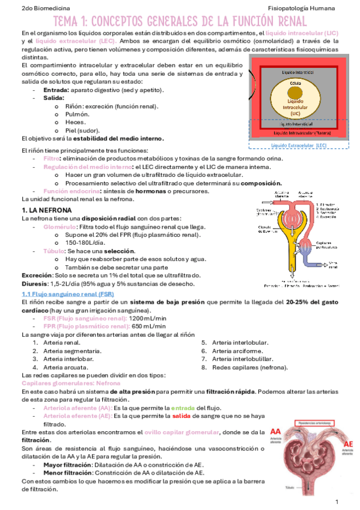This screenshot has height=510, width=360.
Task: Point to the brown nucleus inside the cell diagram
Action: (x=294, y=93)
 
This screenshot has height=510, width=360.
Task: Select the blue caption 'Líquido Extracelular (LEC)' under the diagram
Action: (x=299, y=146)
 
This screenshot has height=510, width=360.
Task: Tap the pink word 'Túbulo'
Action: (x=55, y=251)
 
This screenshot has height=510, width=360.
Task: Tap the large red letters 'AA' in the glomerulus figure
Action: (x=278, y=432)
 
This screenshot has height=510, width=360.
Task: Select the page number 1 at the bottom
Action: (x=337, y=501)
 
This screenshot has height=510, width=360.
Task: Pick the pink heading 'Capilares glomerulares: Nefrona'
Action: (x=70, y=383)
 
